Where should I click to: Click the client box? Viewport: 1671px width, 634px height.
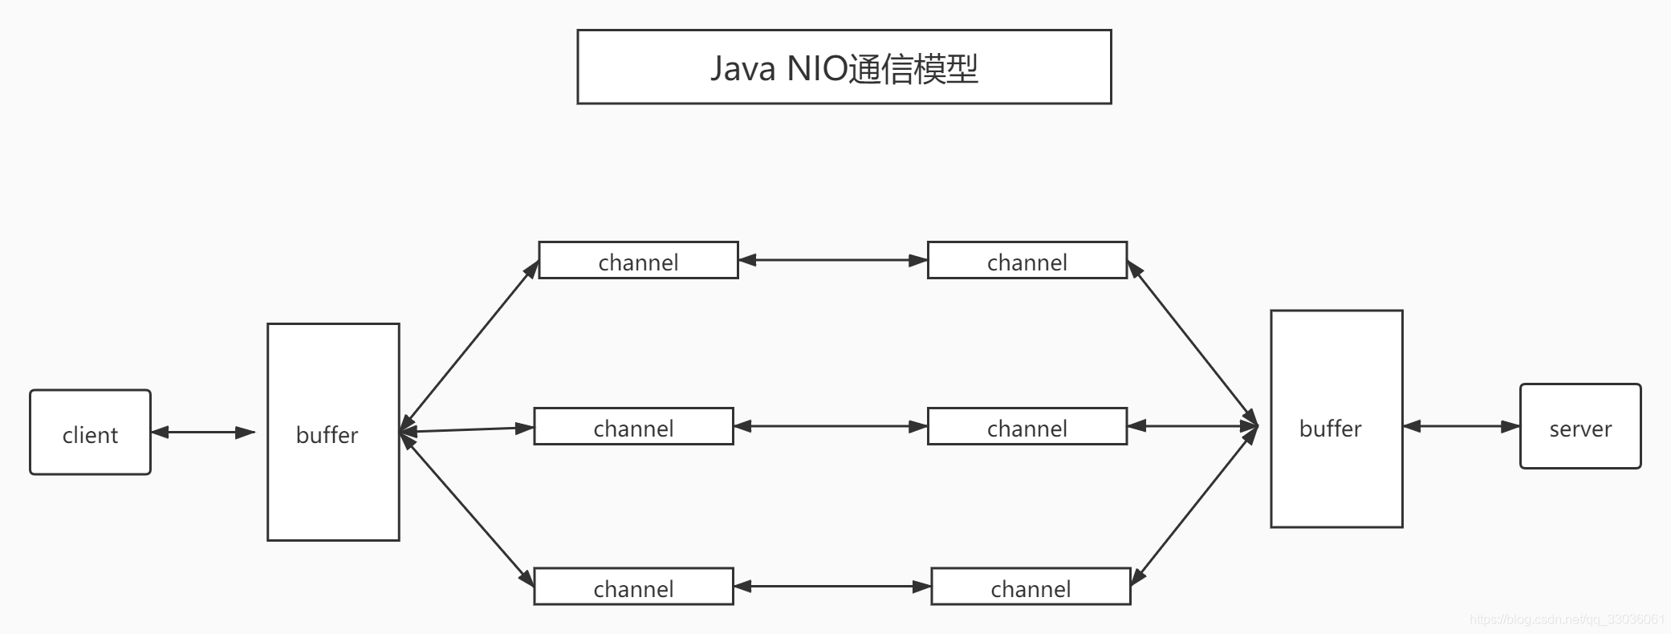[x=90, y=433]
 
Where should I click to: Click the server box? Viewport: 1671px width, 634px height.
[x=1580, y=426]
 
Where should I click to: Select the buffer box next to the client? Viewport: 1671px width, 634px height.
[x=333, y=432]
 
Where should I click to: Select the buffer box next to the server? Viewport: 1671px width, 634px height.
[x=1336, y=419]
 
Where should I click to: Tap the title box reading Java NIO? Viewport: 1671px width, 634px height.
[x=844, y=67]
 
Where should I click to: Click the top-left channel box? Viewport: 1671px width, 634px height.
[x=638, y=261]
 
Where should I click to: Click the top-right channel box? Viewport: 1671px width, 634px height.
[x=1027, y=261]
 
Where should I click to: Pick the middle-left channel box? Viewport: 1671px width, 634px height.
[x=633, y=426]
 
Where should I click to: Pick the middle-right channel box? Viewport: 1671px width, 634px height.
[x=1027, y=426]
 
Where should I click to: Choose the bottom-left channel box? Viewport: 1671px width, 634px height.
[x=633, y=587]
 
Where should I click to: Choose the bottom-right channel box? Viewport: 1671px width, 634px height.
[x=1031, y=587]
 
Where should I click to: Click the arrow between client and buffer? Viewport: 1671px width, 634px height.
[x=203, y=433]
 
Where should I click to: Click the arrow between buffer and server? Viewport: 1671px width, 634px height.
[x=1461, y=426]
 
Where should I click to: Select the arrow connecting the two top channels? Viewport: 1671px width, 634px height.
[x=832, y=260]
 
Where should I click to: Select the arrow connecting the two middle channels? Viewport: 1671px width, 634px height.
[x=830, y=426]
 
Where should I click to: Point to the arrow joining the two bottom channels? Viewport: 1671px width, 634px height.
[x=831, y=587]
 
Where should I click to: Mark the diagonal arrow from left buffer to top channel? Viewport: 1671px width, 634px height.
[x=470, y=345]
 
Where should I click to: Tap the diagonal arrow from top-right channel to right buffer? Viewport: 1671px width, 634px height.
[x=1193, y=343]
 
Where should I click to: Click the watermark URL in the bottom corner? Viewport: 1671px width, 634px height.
[x=1567, y=620]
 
